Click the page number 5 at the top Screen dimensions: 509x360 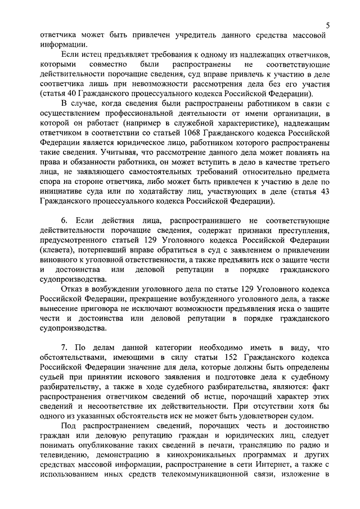(327, 25)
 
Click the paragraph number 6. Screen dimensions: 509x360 (64, 219)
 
